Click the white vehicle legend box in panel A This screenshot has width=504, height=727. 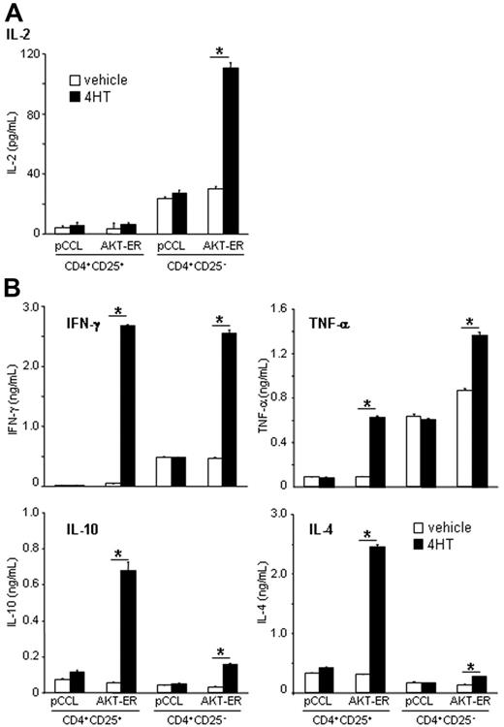(x=74, y=80)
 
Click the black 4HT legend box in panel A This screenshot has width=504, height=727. (x=74, y=97)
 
